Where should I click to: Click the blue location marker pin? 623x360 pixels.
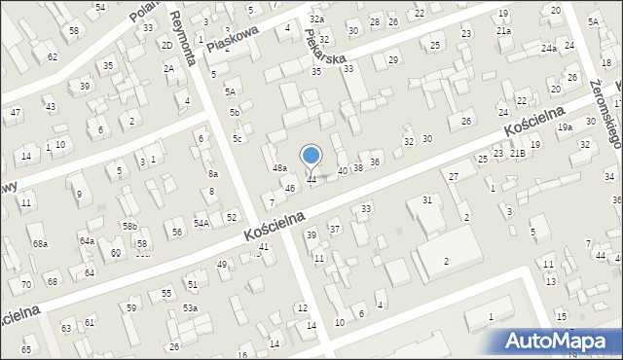(311, 157)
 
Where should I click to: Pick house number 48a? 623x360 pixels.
(279, 168)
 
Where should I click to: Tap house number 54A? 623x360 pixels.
(202, 223)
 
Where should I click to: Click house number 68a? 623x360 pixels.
(40, 243)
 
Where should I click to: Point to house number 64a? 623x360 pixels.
(87, 240)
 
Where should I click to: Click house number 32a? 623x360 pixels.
(316, 19)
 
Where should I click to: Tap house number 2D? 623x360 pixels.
(166, 46)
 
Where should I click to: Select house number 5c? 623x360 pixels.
(237, 138)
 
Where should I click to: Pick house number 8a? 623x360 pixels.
(212, 173)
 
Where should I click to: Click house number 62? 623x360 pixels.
(53, 57)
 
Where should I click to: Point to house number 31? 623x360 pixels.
(426, 199)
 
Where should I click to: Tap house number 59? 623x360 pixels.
(131, 308)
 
